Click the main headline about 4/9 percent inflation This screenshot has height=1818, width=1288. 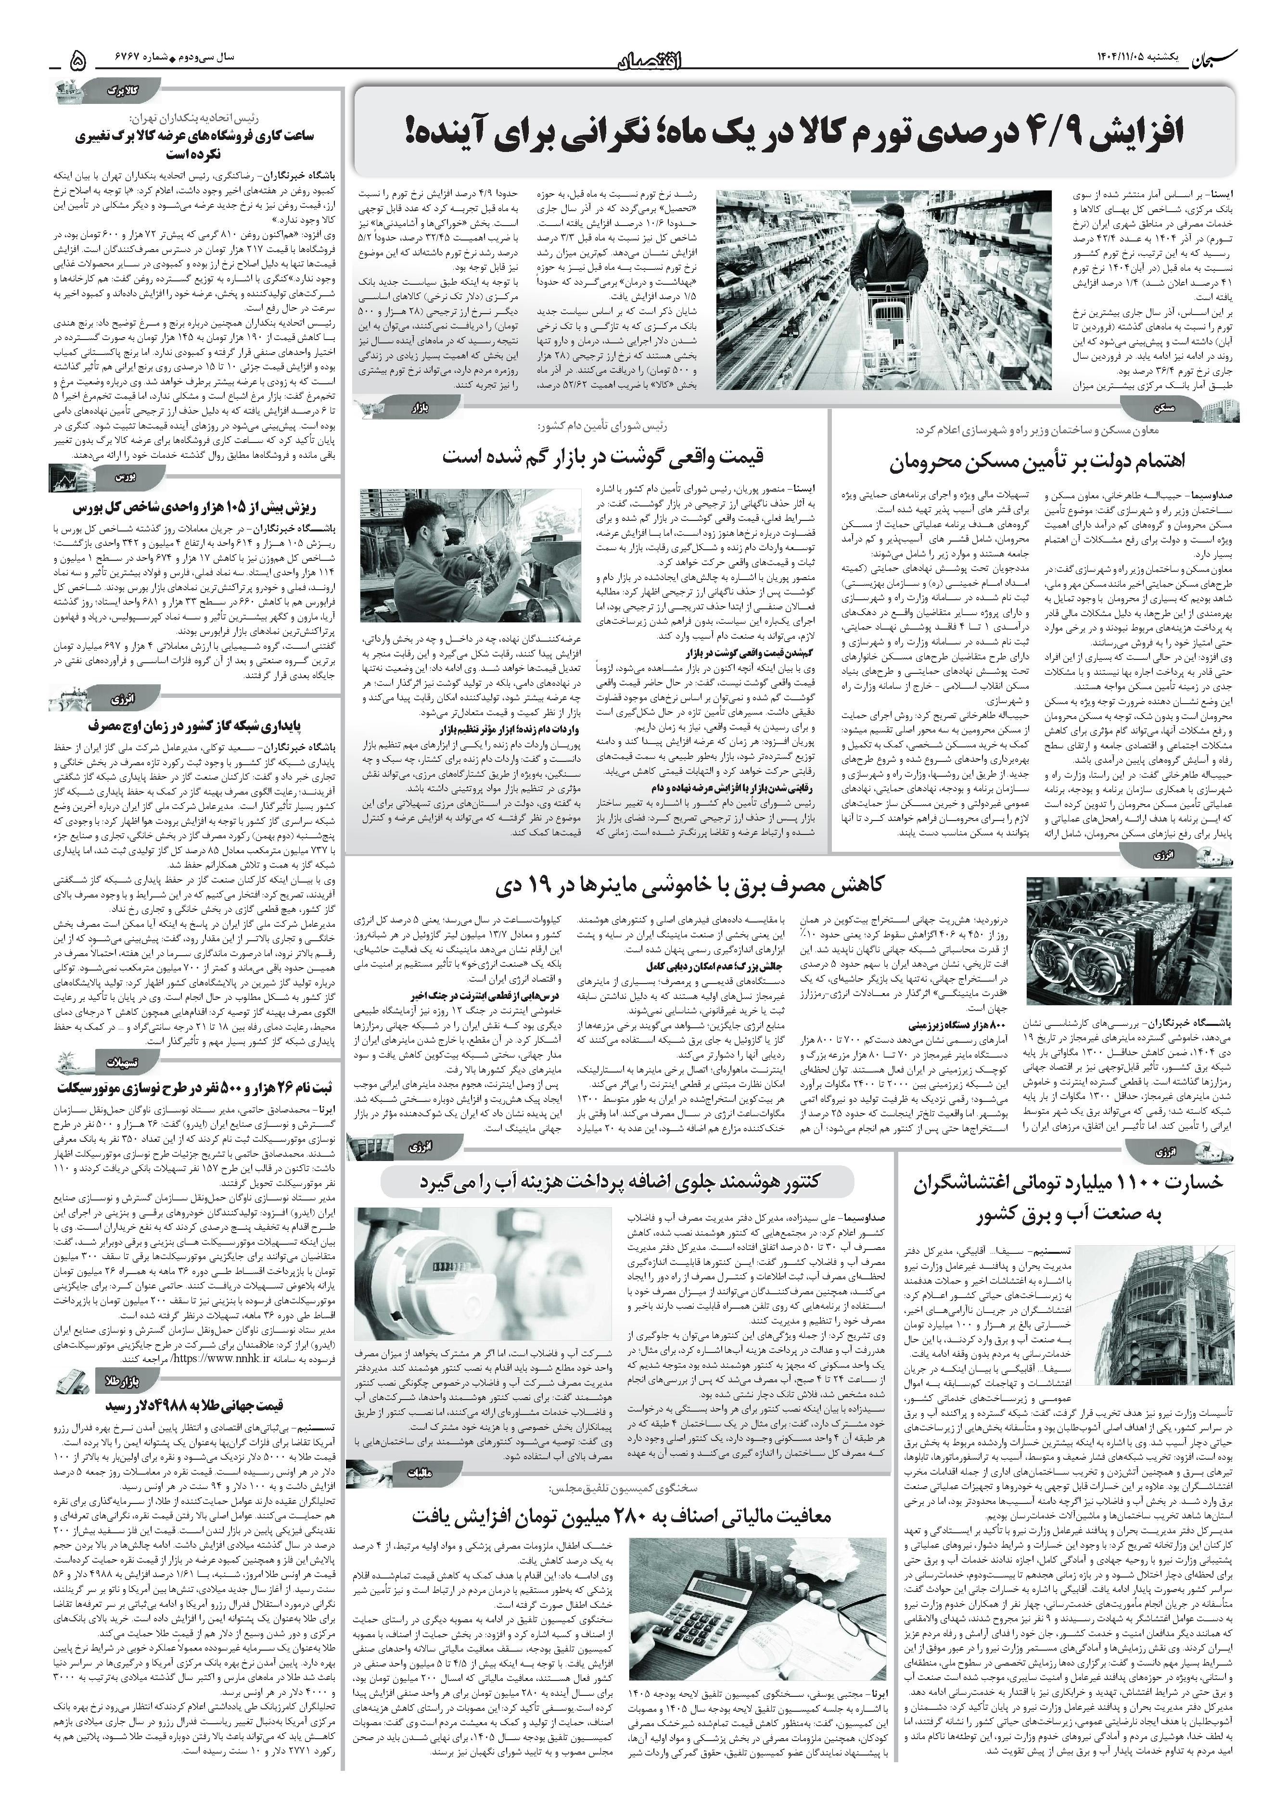coord(793,133)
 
